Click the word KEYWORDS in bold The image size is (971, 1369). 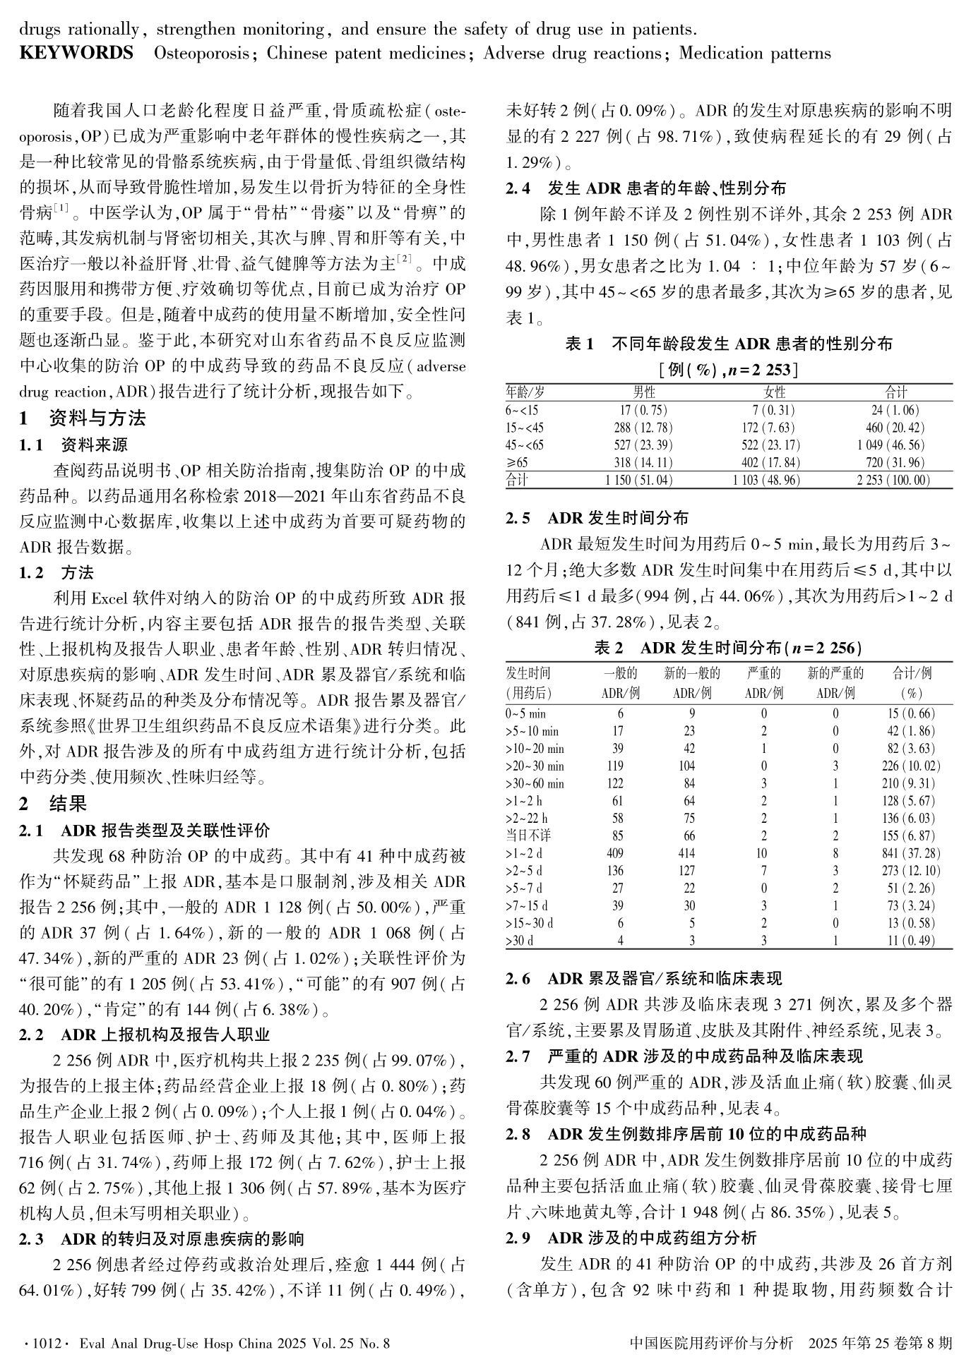click(x=76, y=54)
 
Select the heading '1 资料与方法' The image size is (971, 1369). click(x=83, y=418)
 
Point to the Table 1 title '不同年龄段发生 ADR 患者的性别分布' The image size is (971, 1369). click(x=751, y=344)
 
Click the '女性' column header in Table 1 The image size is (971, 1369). click(x=775, y=392)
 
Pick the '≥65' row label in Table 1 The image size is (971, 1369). click(x=516, y=463)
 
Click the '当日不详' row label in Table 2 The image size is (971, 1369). click(x=528, y=836)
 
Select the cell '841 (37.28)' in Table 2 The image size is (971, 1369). click(x=910, y=853)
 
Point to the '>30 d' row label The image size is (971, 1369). click(x=520, y=941)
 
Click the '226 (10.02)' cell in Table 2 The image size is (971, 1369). click(x=910, y=766)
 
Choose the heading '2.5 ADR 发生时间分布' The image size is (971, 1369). click(x=597, y=519)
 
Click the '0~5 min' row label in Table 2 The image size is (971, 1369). click(x=526, y=713)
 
